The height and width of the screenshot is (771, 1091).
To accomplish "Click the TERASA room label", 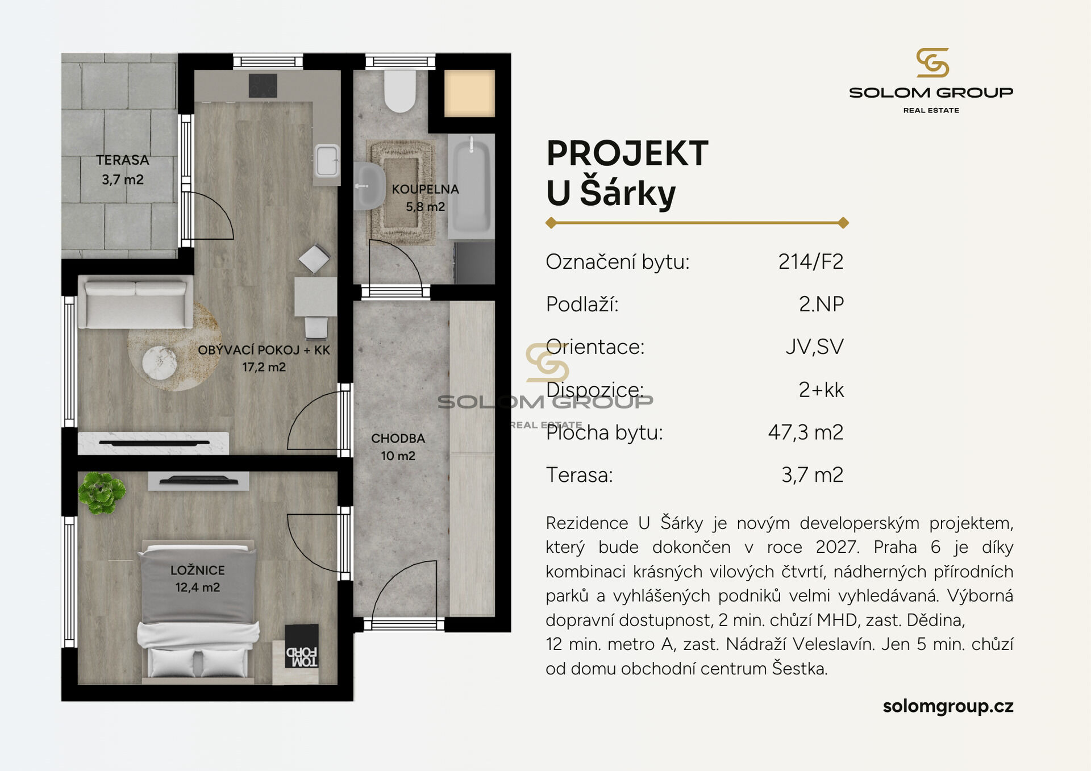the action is point(122,160).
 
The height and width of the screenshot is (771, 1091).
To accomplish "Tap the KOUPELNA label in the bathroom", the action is point(425,189).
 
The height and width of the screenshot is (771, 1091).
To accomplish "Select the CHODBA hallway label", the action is point(398,439).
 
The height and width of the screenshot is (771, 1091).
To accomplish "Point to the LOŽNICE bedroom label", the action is point(198,570).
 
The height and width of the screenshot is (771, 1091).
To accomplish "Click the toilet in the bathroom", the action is point(400,91).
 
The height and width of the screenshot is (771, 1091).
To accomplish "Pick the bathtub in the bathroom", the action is point(471,186).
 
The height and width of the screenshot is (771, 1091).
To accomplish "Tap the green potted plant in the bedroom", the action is point(102,492).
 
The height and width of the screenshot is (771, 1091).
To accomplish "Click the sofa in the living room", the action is point(135,302).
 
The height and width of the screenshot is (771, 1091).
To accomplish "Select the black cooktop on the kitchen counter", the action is point(263,86).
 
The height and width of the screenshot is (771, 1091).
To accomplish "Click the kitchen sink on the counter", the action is point(327,161).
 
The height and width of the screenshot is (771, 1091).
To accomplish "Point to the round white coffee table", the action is point(159,363).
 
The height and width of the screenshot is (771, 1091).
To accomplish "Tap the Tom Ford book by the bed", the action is point(301,647).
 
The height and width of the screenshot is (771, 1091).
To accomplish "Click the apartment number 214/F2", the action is point(810,261).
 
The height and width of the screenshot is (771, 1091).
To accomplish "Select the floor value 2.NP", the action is point(821,305).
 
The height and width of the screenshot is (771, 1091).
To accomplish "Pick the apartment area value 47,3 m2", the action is point(806,432).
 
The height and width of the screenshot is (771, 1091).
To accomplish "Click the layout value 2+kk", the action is point(821,390).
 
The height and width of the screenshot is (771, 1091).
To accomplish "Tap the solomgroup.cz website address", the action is point(948,706).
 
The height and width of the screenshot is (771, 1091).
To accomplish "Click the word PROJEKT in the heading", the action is point(627,153).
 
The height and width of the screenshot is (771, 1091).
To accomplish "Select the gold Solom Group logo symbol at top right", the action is point(932,62).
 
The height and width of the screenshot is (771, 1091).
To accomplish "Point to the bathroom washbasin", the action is point(368,186).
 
